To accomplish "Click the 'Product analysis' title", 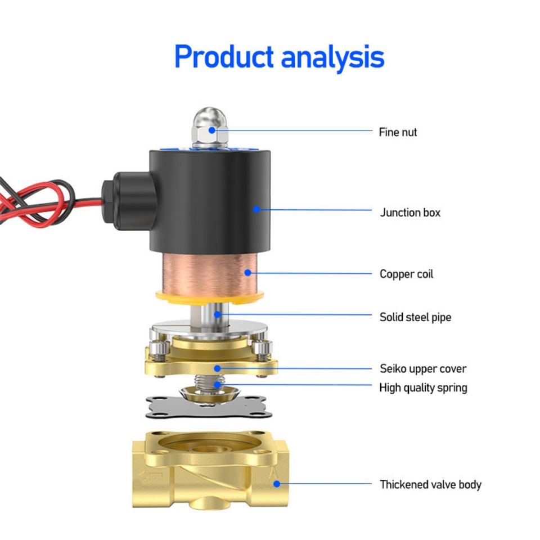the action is pos(280,57).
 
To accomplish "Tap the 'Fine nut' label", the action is pos(398,132).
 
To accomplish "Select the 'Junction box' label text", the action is pos(410,213).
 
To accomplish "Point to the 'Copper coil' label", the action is pos(406,274).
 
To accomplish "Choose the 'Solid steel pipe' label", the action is pos(415,317).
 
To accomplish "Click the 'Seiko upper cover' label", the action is pos(423,369).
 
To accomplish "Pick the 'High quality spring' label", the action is pos(423,388).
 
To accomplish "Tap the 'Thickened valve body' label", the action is pos(430,484).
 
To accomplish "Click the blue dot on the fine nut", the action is pos(212,130).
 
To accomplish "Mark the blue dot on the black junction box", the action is pos(256,209).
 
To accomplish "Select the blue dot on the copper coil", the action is pos(247,273).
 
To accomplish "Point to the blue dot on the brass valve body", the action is pos(277,484).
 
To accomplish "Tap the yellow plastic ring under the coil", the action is pos(210,298).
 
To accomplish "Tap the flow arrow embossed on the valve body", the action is pos(150,475).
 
